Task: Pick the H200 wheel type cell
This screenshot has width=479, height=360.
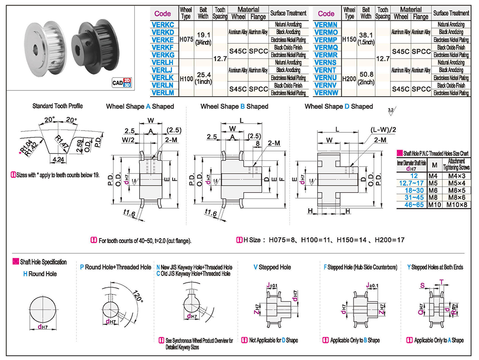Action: (x=349, y=78)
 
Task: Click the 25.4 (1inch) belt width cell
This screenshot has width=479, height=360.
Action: (x=203, y=78)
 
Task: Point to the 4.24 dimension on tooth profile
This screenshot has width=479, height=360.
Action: (x=58, y=159)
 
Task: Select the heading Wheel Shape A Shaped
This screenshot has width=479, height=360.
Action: (x=140, y=107)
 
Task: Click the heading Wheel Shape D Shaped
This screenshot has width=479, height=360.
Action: (x=338, y=107)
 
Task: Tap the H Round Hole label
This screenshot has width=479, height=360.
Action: (x=40, y=274)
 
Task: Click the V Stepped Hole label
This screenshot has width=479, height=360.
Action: (x=272, y=267)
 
